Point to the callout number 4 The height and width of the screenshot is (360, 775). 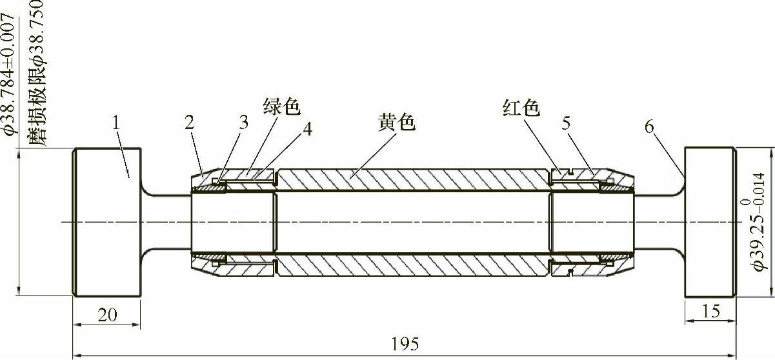pyautogui.click(x=307, y=128)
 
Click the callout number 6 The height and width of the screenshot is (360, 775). pyautogui.click(x=649, y=126)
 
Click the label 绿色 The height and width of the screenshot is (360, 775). pyautogui.click(x=282, y=106)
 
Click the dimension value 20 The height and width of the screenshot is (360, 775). pyautogui.click(x=106, y=314)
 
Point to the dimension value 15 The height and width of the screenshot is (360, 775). pyautogui.click(x=710, y=312)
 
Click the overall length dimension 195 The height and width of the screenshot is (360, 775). pyautogui.click(x=405, y=344)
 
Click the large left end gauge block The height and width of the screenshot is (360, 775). pyautogui.click(x=106, y=223)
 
